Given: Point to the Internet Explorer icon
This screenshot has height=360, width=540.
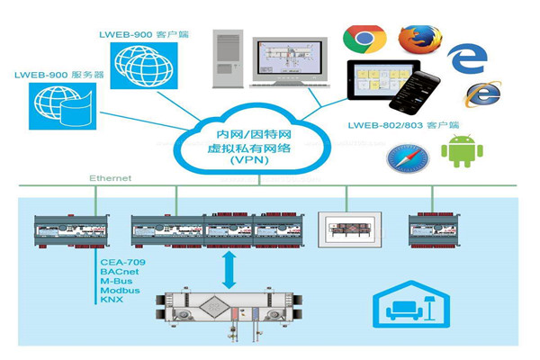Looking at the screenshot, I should (x=482, y=94).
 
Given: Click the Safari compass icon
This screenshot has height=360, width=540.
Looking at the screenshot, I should (x=408, y=157).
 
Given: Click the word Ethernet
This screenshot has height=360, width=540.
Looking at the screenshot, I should (x=110, y=178).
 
